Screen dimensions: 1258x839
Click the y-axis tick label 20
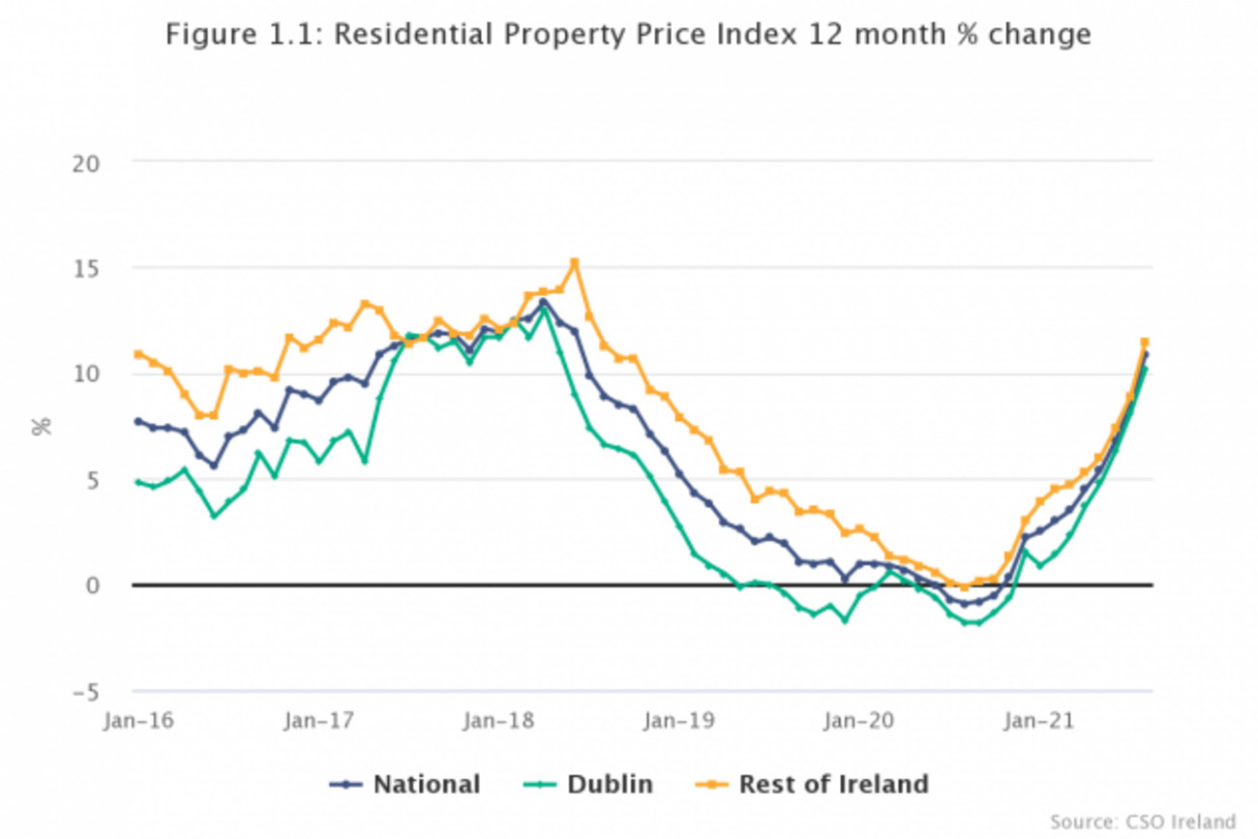(x=86, y=164)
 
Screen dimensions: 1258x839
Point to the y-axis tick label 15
(x=86, y=270)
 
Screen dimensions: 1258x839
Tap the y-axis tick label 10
(x=86, y=374)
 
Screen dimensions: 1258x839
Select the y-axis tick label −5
(x=86, y=693)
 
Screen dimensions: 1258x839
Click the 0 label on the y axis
(x=93, y=585)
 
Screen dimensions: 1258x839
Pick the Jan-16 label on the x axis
(x=138, y=721)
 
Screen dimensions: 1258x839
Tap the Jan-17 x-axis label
(x=319, y=721)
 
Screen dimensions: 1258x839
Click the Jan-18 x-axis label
(x=498, y=721)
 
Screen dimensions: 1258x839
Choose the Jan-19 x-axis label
(x=679, y=721)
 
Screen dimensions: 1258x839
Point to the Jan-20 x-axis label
(x=858, y=721)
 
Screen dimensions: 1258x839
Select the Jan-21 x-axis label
(x=1039, y=721)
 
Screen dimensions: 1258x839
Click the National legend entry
(x=404, y=785)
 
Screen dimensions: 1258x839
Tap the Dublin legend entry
(x=588, y=785)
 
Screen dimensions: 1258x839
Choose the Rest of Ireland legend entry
(x=812, y=785)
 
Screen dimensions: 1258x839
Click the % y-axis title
(x=42, y=428)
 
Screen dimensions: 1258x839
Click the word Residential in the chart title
(x=413, y=34)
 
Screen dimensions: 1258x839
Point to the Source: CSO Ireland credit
(x=1143, y=822)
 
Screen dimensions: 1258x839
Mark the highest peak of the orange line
(x=574, y=262)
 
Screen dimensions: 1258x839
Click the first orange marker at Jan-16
(x=138, y=354)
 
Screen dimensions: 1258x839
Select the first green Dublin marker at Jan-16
(x=138, y=482)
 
